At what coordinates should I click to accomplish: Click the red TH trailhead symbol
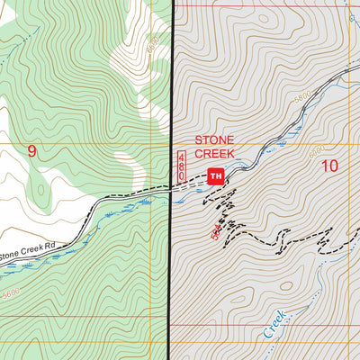pos(215,175)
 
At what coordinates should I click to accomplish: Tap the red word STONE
pos(215,140)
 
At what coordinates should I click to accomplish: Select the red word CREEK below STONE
pos(215,154)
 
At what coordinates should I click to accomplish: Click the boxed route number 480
pos(180,169)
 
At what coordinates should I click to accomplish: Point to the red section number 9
pos(32,152)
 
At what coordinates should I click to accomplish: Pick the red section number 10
pos(328,165)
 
